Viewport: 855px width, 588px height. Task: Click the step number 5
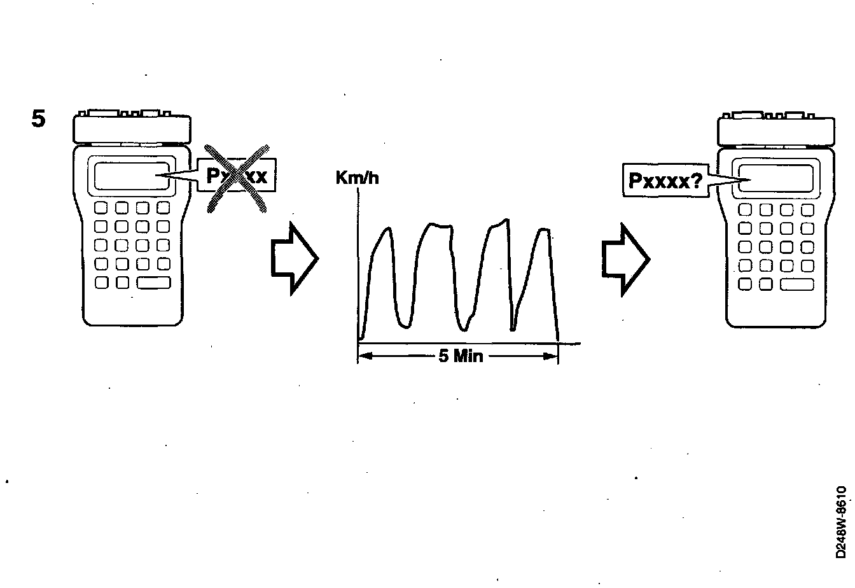(39, 120)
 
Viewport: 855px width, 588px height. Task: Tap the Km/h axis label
(357, 178)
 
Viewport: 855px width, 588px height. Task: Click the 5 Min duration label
(461, 356)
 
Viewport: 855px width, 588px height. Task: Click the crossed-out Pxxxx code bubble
(237, 176)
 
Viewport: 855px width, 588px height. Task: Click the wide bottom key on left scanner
(154, 283)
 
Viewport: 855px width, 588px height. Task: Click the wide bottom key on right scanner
(797, 285)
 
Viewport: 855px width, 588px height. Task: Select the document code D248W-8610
(842, 522)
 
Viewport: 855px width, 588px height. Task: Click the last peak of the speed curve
(543, 230)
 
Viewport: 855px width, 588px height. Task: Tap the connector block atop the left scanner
(132, 128)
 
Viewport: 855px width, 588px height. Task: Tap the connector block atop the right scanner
(775, 130)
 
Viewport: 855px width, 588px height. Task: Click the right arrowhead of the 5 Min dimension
(552, 356)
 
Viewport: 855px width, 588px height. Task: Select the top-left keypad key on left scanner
(101, 207)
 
